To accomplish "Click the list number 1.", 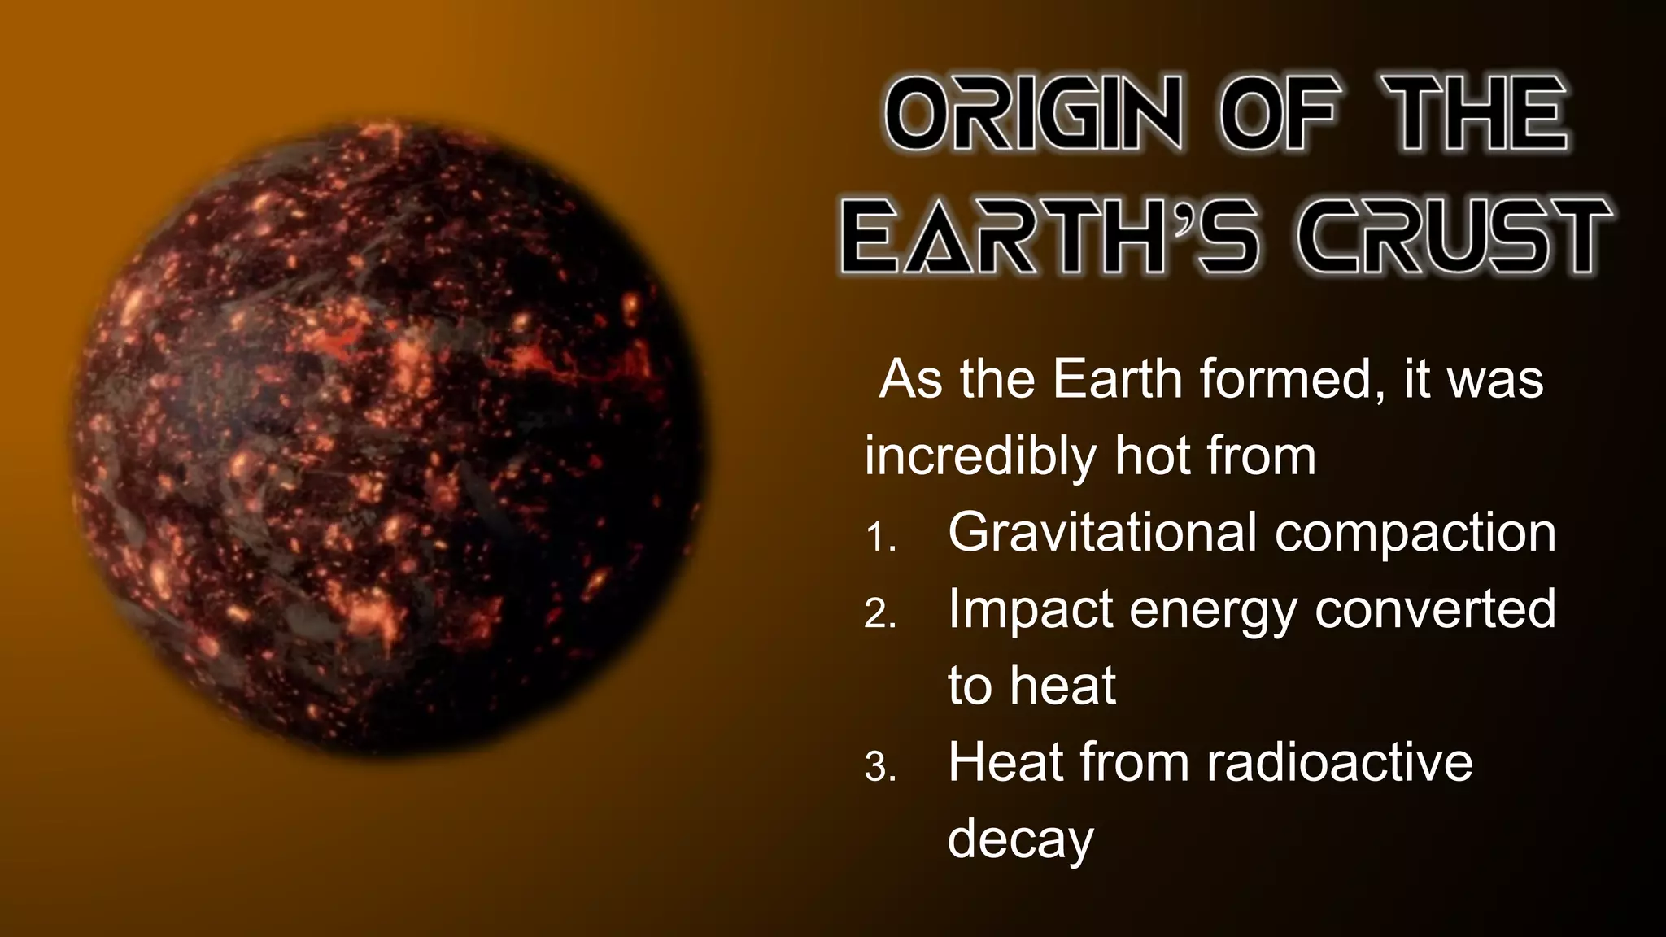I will (x=880, y=538).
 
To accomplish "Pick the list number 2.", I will (x=880, y=616).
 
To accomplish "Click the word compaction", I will (x=1415, y=534).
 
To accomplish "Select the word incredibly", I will (x=981, y=455).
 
